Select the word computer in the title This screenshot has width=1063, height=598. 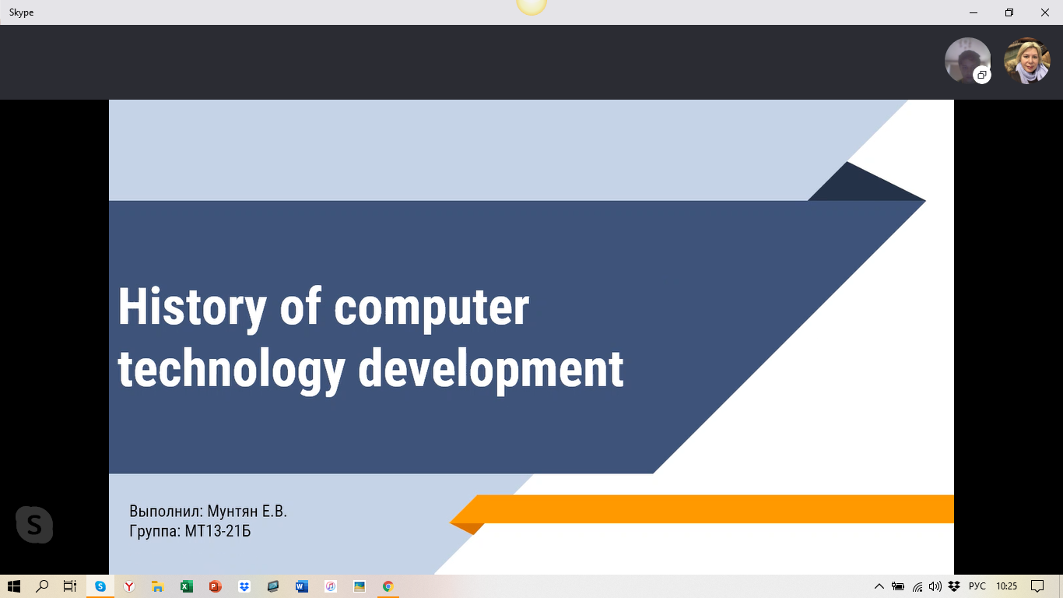431,310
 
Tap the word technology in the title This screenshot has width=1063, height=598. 231,371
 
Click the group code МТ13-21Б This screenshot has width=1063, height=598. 217,530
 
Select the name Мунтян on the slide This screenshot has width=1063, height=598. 233,511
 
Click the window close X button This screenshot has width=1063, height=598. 1045,12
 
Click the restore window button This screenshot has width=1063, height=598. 1009,12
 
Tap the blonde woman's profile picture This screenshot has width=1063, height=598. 1026,61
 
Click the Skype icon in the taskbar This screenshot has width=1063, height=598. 100,586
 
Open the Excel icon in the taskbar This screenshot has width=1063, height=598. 187,586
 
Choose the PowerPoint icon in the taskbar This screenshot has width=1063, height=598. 215,586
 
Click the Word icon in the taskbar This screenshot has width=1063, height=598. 301,586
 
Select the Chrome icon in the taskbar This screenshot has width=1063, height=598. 388,586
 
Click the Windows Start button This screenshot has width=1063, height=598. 14,586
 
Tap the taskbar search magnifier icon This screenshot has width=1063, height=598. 42,586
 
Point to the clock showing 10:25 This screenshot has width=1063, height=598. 1006,586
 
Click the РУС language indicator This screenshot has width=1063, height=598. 977,586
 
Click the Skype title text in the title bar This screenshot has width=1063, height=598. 21,12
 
